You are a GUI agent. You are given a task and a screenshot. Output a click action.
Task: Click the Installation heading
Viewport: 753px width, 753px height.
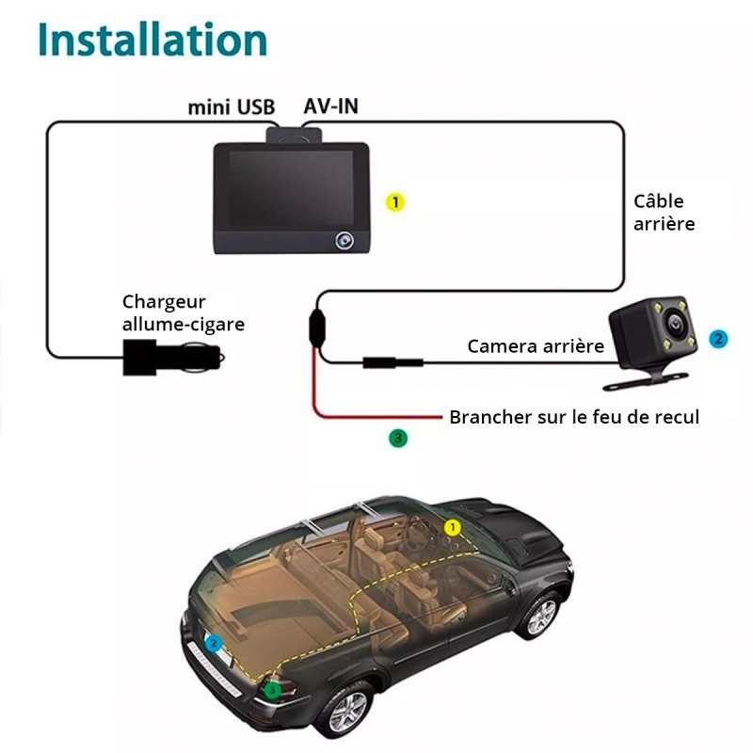pos(152,40)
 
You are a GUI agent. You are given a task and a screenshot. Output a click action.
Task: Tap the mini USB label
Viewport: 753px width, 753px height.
pos(231,107)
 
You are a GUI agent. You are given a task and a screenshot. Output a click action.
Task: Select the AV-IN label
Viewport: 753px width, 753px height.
pos(331,106)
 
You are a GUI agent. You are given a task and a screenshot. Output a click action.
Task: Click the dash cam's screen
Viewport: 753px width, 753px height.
pos(291,187)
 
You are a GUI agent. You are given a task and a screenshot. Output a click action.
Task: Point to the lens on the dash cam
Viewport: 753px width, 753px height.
pos(344,240)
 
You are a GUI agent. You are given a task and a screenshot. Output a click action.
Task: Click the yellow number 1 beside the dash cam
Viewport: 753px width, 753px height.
pos(395,202)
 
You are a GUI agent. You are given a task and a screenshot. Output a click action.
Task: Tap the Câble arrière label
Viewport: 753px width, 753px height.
pos(665,213)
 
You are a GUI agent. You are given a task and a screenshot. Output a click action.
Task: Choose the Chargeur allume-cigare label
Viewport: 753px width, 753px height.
pos(184,313)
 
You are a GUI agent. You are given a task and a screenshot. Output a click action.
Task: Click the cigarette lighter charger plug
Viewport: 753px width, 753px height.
pos(173,358)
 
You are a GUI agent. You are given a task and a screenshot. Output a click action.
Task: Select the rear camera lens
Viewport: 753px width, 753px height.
pos(674,323)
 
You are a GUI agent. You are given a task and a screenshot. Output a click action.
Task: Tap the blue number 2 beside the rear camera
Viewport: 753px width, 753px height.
pos(718,339)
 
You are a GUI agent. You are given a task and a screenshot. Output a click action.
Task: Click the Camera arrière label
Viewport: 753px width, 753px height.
pos(536,346)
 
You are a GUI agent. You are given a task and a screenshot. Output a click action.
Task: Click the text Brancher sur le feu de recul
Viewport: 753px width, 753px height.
pos(574,417)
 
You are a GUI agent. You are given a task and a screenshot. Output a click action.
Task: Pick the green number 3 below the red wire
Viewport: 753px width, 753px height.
pos(397,438)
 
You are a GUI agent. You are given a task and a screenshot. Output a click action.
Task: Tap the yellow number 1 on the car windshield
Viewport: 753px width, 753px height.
pos(452,528)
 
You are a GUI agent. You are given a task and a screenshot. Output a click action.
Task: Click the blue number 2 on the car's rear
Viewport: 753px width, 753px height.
pos(214,644)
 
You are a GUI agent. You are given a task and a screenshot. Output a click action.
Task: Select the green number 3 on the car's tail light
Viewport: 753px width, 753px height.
pos(272,690)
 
